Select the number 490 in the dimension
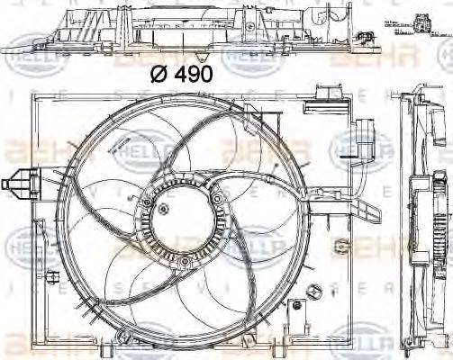tap(190, 75)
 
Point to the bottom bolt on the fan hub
tap(183, 262)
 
